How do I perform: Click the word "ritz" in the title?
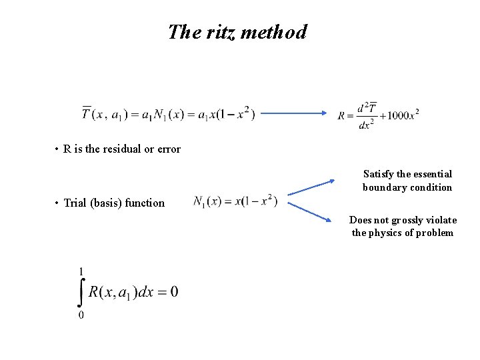(x=219, y=32)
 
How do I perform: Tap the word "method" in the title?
(x=273, y=32)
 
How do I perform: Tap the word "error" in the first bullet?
(x=168, y=149)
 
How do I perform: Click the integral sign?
(x=81, y=292)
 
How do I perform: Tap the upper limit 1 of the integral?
(x=81, y=271)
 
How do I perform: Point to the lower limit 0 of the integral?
(x=81, y=314)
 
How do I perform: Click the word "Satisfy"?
(x=379, y=175)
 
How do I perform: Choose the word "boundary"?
(x=381, y=187)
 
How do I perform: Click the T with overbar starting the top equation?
(x=87, y=113)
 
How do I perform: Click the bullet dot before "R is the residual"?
(x=57, y=149)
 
